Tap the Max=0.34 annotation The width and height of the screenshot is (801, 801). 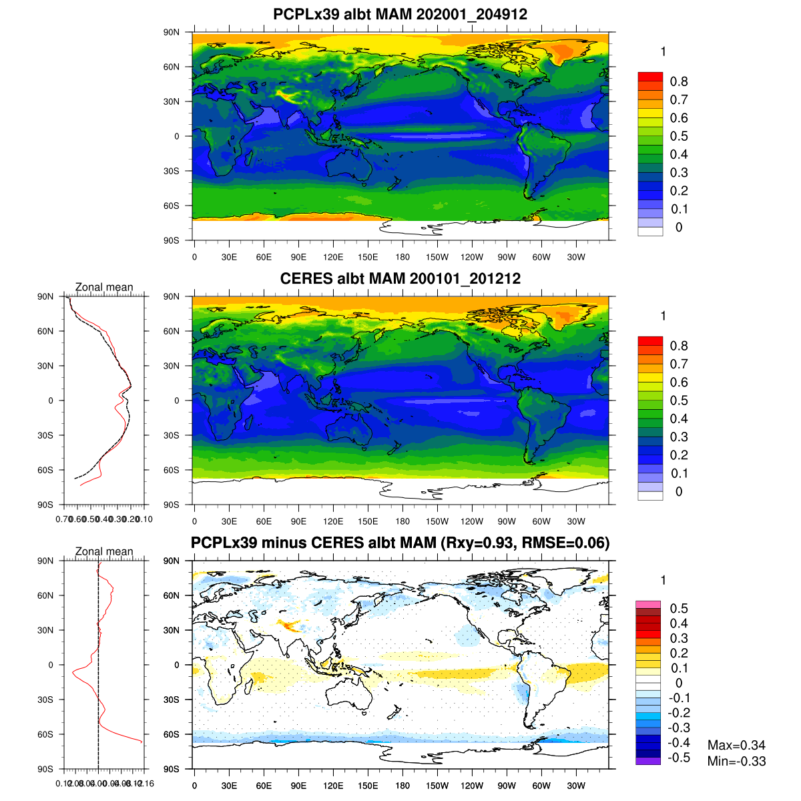[736, 745]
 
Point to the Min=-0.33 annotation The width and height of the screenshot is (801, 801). [736, 761]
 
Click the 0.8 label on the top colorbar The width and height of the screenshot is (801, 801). [679, 81]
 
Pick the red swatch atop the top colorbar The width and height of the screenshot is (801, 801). [650, 77]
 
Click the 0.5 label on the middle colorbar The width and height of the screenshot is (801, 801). [679, 400]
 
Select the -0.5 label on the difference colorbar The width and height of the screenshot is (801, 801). [679, 758]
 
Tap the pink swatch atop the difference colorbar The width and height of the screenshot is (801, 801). [647, 605]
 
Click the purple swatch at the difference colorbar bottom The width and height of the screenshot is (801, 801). [647, 761]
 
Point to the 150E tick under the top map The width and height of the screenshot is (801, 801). [368, 258]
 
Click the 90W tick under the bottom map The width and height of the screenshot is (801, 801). [507, 786]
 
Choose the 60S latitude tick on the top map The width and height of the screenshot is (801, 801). [172, 206]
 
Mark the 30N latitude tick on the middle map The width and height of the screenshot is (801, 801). [172, 366]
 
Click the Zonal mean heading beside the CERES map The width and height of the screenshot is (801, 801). [104, 287]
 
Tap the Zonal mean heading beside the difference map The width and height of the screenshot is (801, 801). [104, 551]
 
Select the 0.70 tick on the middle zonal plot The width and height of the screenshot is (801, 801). [64, 519]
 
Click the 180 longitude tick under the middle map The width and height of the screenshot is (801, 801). [403, 522]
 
